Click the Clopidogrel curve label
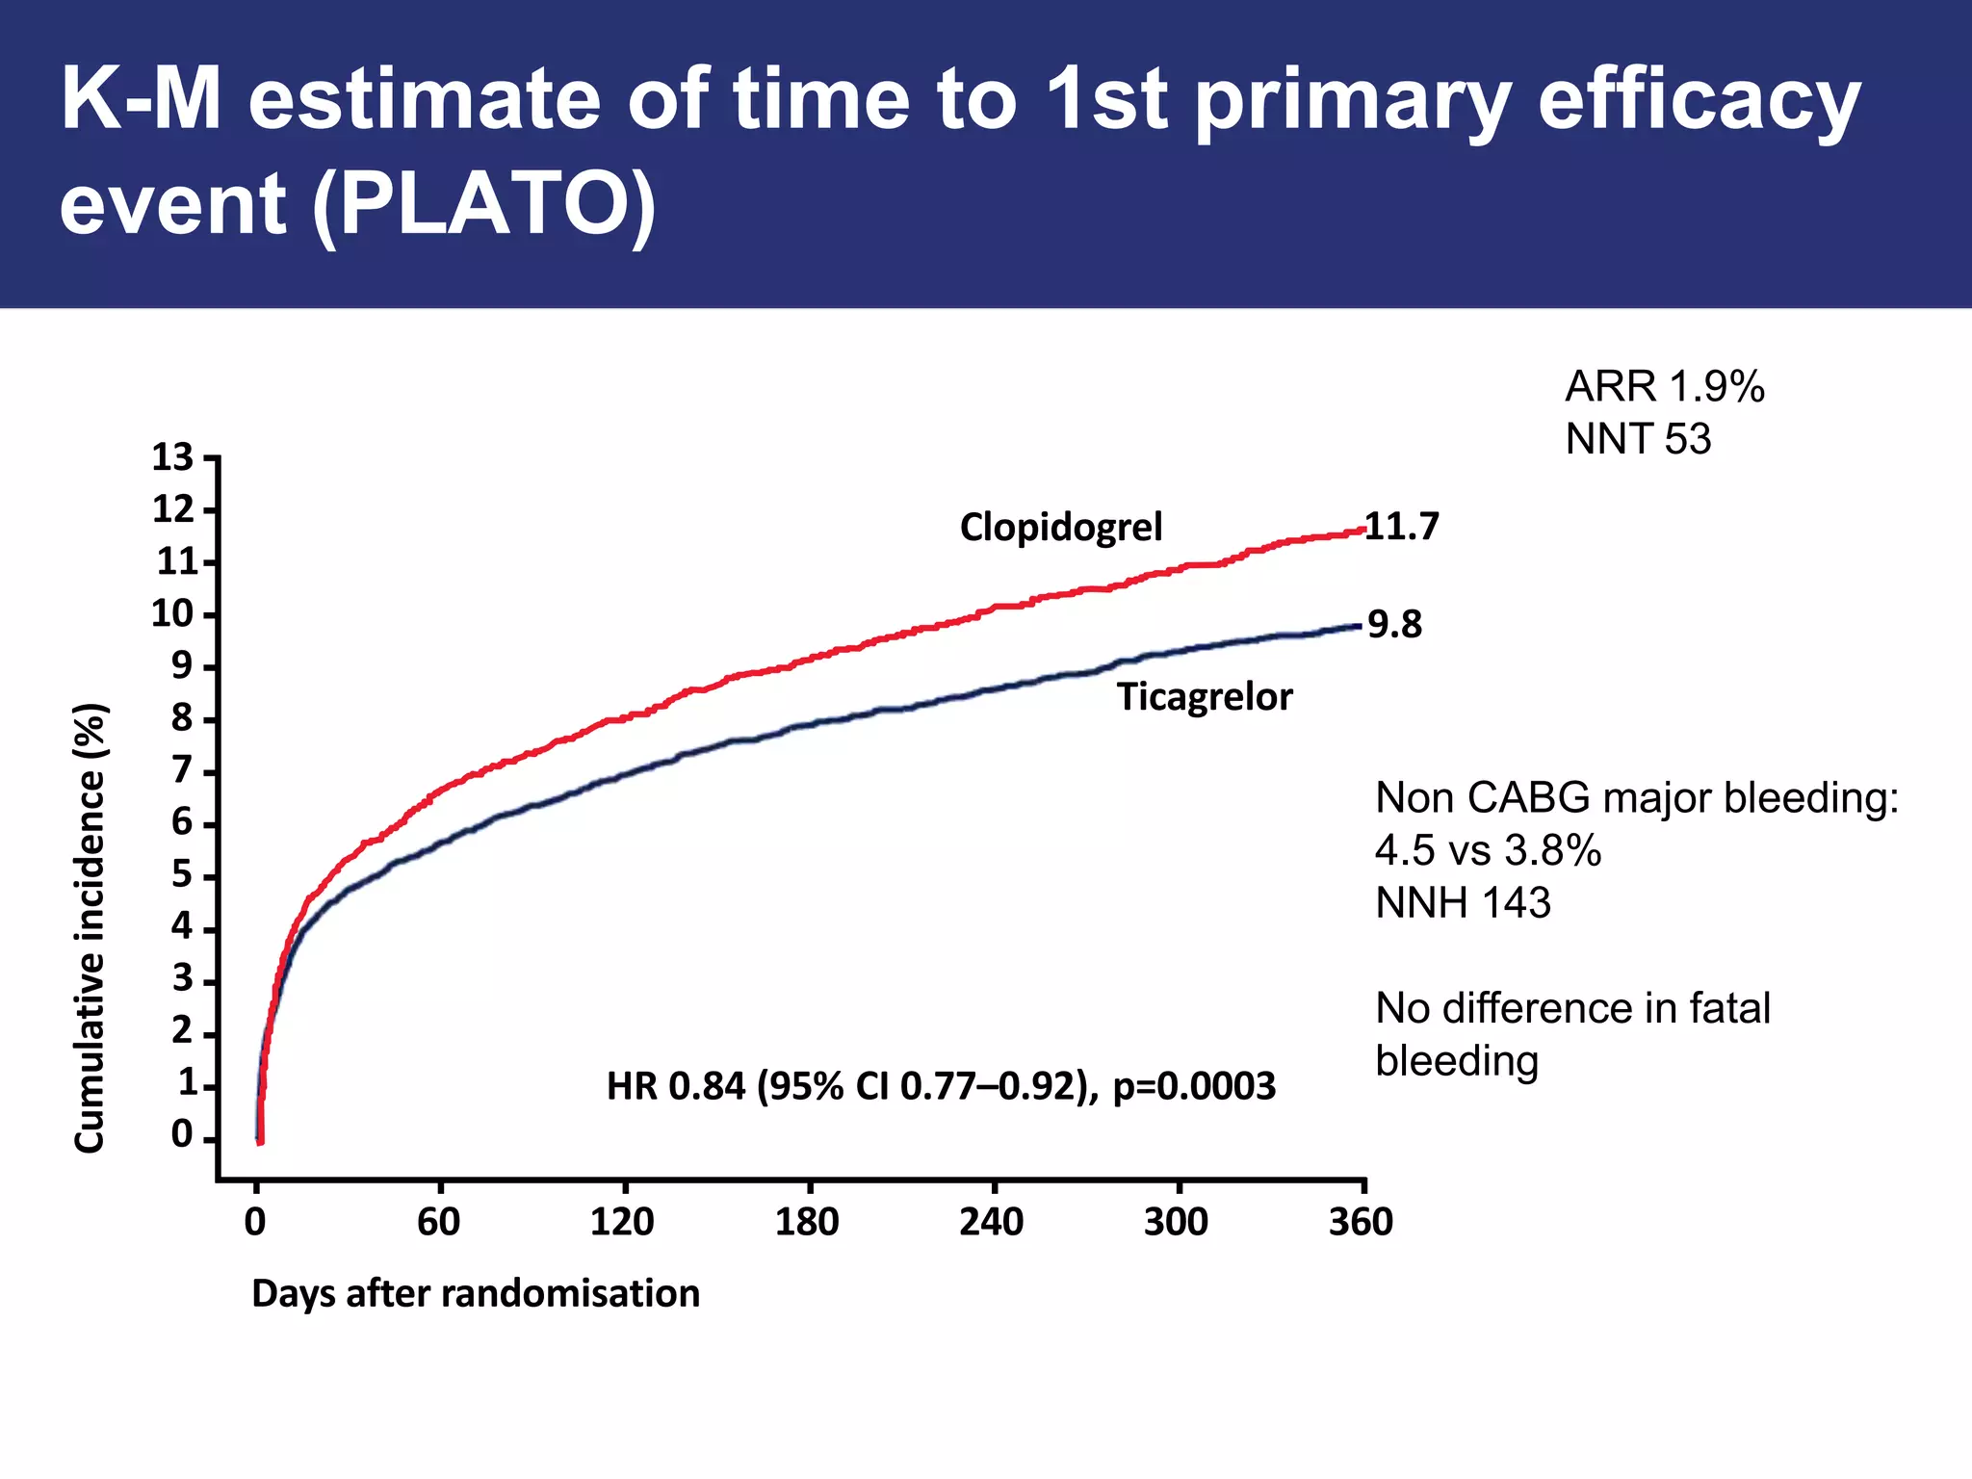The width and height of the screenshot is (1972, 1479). tap(1061, 527)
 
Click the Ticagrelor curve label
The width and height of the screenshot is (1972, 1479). tap(1205, 696)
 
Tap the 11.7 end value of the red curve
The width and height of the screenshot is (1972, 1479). tap(1402, 526)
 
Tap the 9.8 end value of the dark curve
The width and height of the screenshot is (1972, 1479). tap(1394, 625)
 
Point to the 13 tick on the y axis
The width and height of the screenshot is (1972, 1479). tap(172, 457)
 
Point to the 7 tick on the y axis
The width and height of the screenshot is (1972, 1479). tap(181, 771)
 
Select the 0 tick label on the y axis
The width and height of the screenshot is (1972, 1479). tap(181, 1135)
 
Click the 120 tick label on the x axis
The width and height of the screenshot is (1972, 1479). tap(622, 1222)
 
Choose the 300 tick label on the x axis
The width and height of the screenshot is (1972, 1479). tap(1176, 1222)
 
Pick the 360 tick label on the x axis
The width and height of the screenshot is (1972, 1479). tap(1361, 1222)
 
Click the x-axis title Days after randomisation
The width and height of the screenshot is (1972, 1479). tap(476, 1293)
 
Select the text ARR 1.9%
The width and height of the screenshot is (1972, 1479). tap(1665, 387)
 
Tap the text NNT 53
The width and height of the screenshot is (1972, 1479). tap(1638, 439)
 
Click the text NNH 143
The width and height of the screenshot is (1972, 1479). tap(1463, 903)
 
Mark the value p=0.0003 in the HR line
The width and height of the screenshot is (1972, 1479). tap(1194, 1086)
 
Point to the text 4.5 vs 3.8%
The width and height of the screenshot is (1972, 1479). tap(1488, 850)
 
